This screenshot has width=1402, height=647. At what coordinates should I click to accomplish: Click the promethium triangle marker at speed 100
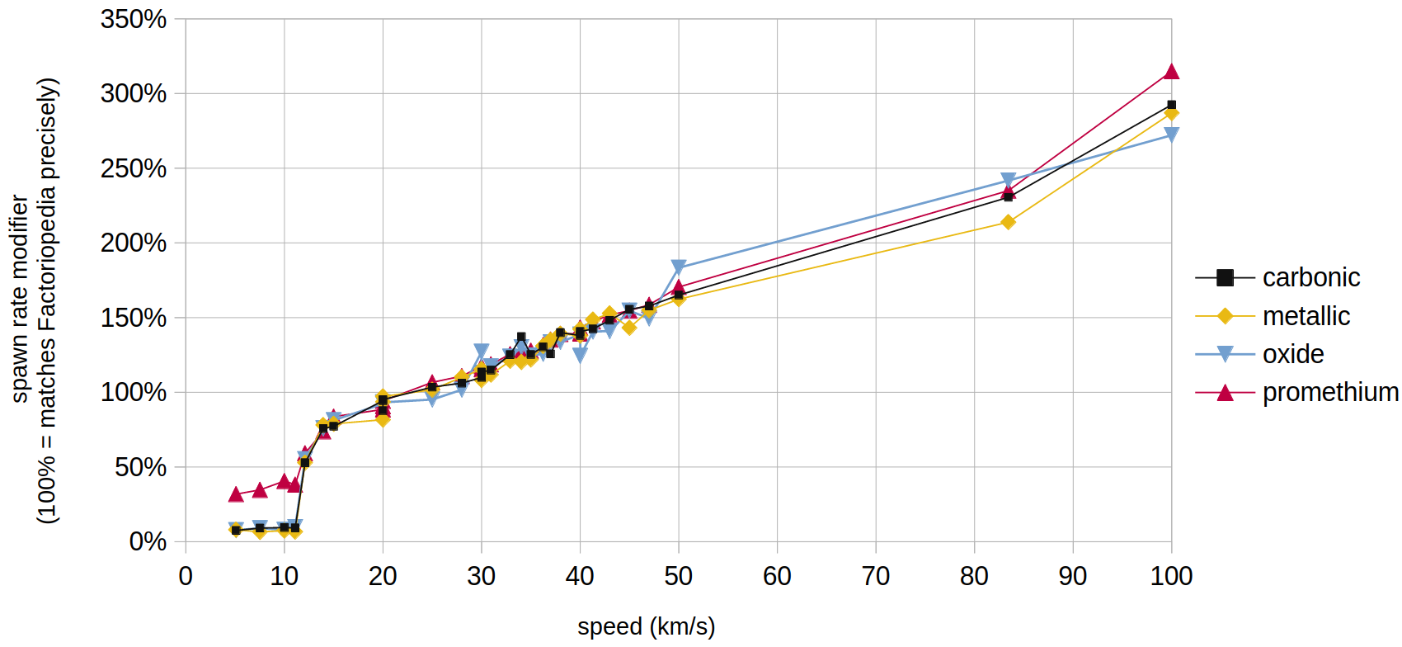(1171, 72)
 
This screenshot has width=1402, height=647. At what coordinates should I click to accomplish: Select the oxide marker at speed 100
(1171, 135)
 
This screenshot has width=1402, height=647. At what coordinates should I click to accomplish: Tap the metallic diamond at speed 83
(1008, 222)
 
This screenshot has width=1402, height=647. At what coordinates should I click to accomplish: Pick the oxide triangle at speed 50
(679, 267)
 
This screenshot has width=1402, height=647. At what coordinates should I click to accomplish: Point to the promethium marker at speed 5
(236, 494)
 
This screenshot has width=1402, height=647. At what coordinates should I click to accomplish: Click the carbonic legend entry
(1310, 277)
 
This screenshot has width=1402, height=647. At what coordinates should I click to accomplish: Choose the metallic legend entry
(1306, 316)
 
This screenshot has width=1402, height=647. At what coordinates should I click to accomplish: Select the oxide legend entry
(1292, 354)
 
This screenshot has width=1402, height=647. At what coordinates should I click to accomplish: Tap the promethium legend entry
(1329, 392)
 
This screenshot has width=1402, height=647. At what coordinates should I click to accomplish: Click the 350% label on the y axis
(134, 19)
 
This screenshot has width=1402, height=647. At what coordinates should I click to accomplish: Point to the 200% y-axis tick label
(134, 243)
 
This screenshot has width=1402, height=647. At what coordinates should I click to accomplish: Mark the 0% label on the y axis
(148, 542)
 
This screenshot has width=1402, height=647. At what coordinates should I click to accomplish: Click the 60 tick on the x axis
(777, 576)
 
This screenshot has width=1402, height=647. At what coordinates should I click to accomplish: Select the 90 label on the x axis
(1072, 576)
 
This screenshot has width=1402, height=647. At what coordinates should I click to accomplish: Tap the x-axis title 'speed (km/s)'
(646, 626)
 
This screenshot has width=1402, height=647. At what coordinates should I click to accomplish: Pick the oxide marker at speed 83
(1008, 180)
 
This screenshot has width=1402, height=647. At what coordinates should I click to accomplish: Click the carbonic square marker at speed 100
(1171, 106)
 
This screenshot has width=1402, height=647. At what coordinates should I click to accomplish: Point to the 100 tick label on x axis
(1171, 576)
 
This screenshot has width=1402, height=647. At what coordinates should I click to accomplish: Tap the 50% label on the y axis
(140, 467)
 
